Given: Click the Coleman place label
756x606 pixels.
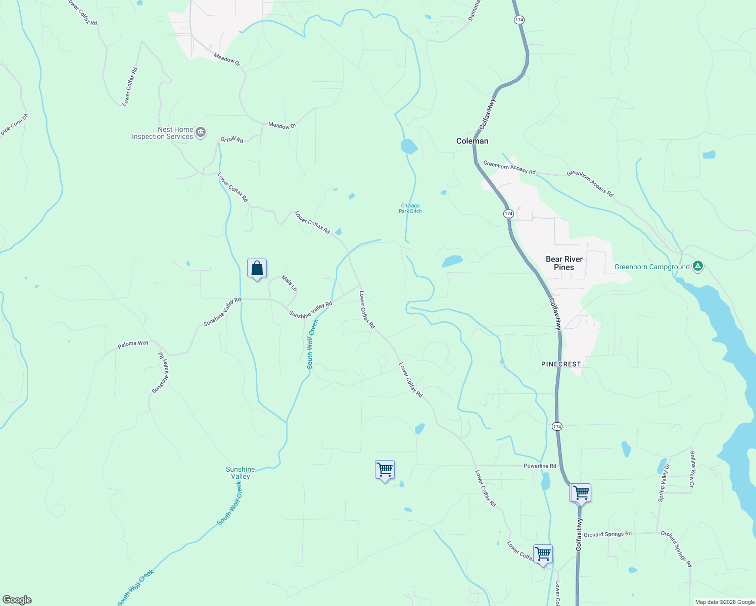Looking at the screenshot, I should click(x=472, y=141).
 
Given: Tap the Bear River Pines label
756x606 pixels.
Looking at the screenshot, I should click(x=564, y=263).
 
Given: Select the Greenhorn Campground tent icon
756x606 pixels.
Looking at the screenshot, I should click(x=698, y=266).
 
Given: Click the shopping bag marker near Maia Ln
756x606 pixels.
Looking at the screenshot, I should click(x=257, y=269).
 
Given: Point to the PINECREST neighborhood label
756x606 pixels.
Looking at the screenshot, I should click(x=561, y=364).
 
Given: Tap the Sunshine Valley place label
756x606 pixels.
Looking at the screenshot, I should click(x=241, y=473).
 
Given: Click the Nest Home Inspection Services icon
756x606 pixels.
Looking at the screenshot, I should click(x=201, y=133).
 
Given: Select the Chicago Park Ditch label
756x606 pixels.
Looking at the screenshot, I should click(x=410, y=208).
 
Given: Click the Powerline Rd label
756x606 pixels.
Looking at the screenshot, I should click(x=540, y=466).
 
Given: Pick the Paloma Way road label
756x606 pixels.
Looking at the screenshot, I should click(x=133, y=344).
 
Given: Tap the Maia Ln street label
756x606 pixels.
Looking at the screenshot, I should click(x=290, y=283).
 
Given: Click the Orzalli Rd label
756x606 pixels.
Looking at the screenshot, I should click(x=232, y=139).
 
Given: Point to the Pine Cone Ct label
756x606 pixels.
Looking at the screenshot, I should click(x=15, y=124).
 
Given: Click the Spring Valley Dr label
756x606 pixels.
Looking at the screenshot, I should click(x=664, y=482).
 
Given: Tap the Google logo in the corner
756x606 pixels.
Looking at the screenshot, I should click(x=17, y=600).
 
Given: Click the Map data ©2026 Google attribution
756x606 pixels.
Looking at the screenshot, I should click(x=724, y=602).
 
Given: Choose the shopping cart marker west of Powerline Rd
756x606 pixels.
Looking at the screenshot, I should click(x=385, y=470).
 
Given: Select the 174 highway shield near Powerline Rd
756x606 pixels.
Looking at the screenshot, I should click(x=557, y=427).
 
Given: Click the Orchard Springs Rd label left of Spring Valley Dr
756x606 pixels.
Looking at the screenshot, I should click(x=607, y=534).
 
